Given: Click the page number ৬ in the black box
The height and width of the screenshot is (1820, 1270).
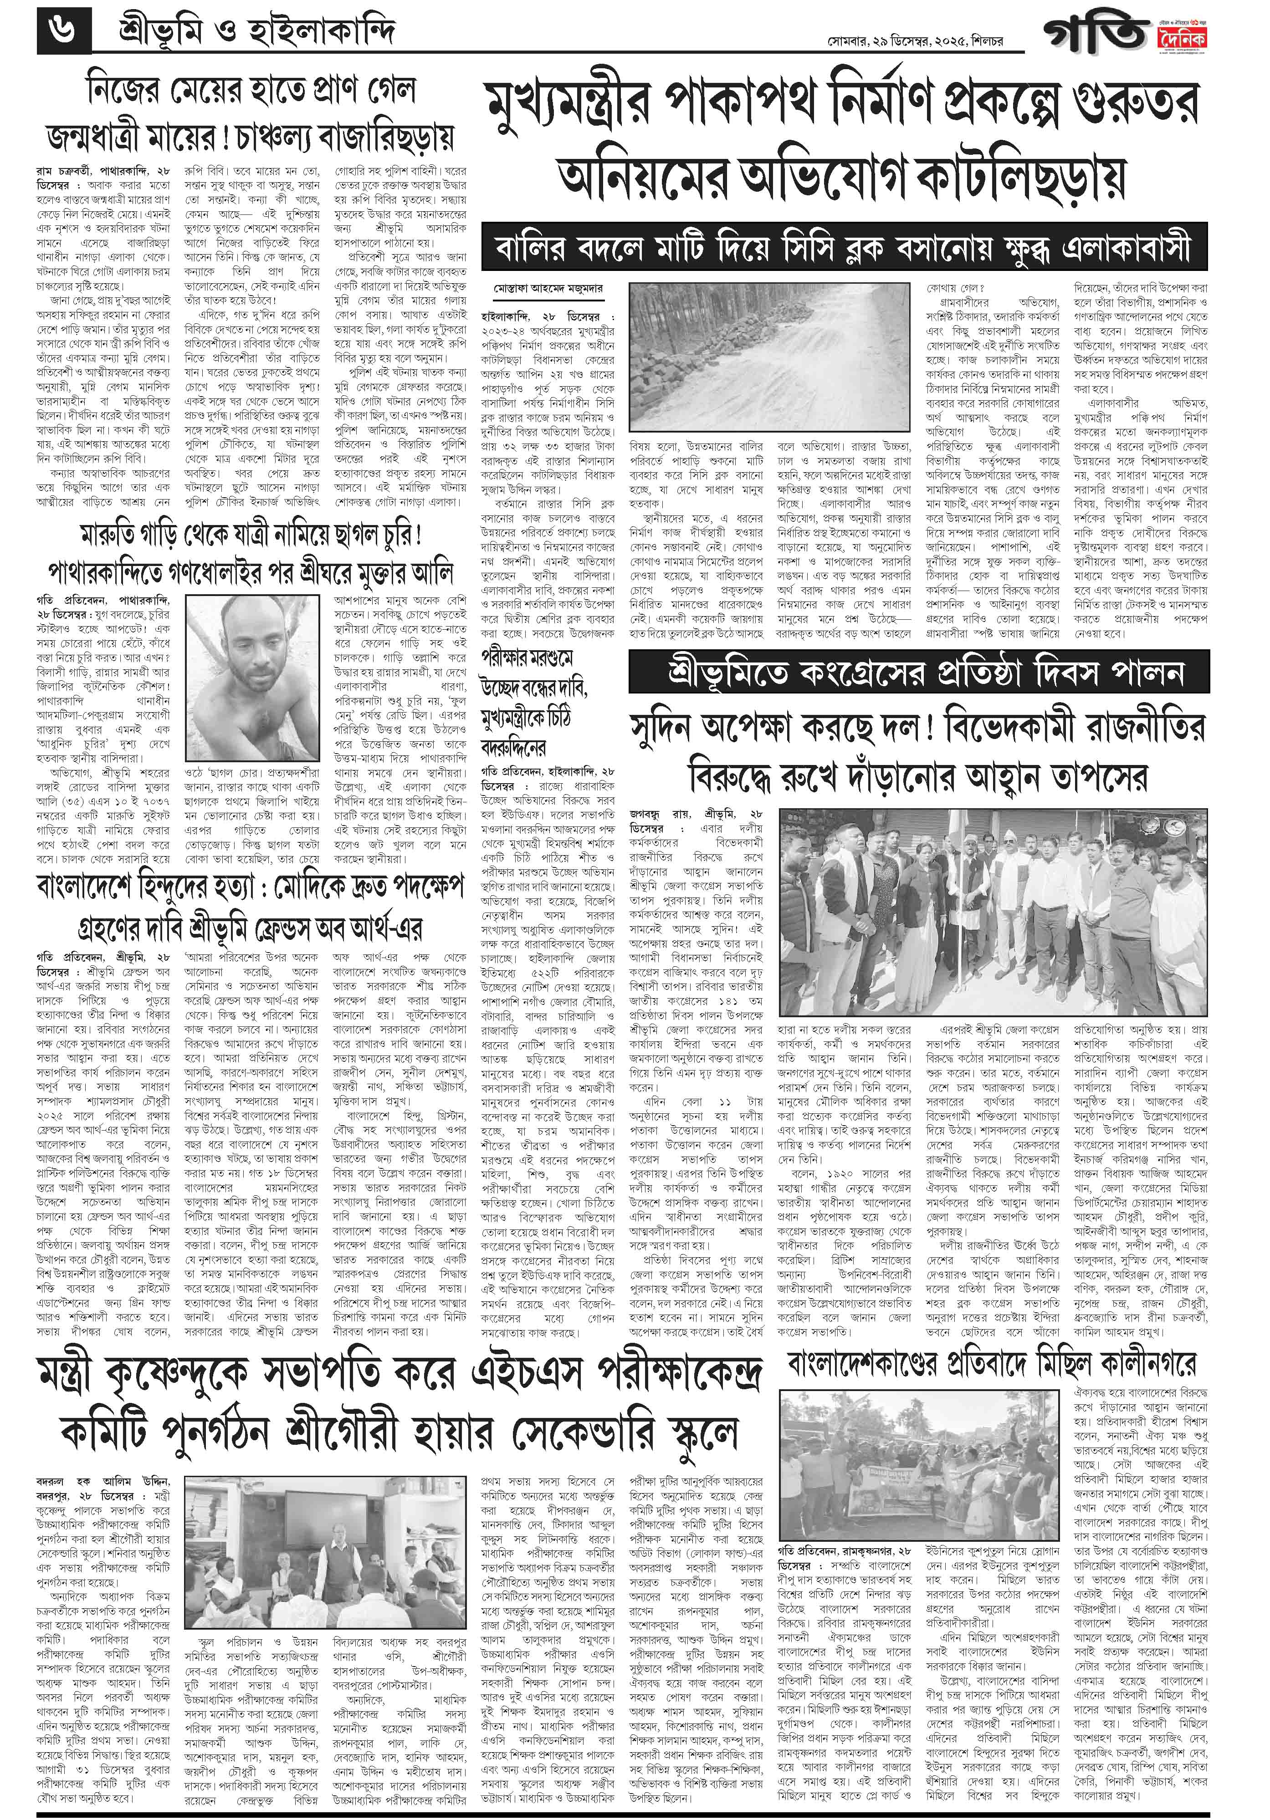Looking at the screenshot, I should pos(63,32).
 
